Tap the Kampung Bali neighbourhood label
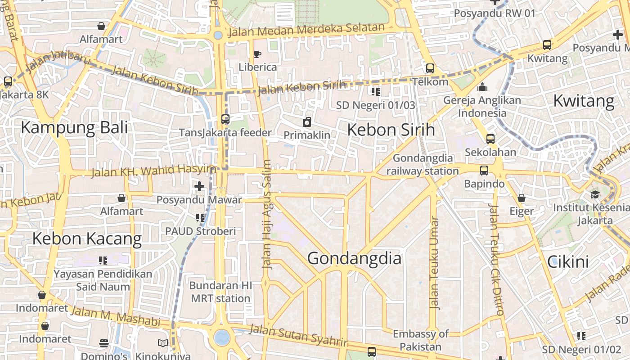click(x=74, y=127)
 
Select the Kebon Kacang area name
click(x=87, y=238)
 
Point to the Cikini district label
click(x=568, y=261)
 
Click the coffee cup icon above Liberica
click(x=257, y=54)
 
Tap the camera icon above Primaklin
click(x=307, y=122)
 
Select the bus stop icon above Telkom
click(x=430, y=68)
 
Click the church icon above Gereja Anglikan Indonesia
click(x=482, y=87)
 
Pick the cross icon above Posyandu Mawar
click(x=199, y=186)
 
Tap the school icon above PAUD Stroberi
click(x=200, y=218)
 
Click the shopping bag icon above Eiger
click(x=522, y=198)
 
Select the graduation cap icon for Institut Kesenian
click(x=595, y=194)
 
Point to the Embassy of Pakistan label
click(x=420, y=340)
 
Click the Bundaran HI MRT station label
click(x=220, y=292)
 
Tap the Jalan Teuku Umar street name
click(x=434, y=263)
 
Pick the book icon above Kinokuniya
click(x=163, y=343)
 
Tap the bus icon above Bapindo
click(x=484, y=171)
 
